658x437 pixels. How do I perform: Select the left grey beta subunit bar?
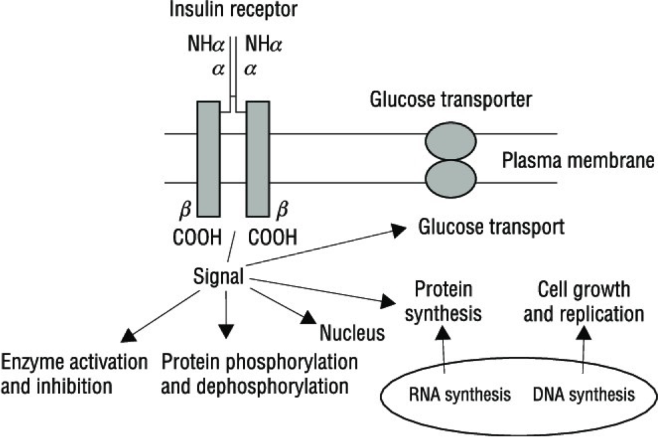click(208, 160)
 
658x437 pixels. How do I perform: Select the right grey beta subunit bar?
click(258, 160)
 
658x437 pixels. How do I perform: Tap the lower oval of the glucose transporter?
click(450, 175)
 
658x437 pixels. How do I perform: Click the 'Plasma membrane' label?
click(579, 162)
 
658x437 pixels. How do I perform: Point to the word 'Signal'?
click(219, 274)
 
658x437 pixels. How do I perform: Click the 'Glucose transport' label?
click(491, 227)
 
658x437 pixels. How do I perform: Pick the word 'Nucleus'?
click(352, 332)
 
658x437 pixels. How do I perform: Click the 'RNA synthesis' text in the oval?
click(461, 395)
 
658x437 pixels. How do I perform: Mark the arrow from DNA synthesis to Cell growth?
click(583, 354)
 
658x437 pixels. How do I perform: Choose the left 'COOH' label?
click(198, 236)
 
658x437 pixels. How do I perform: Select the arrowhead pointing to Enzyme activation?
click(130, 334)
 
